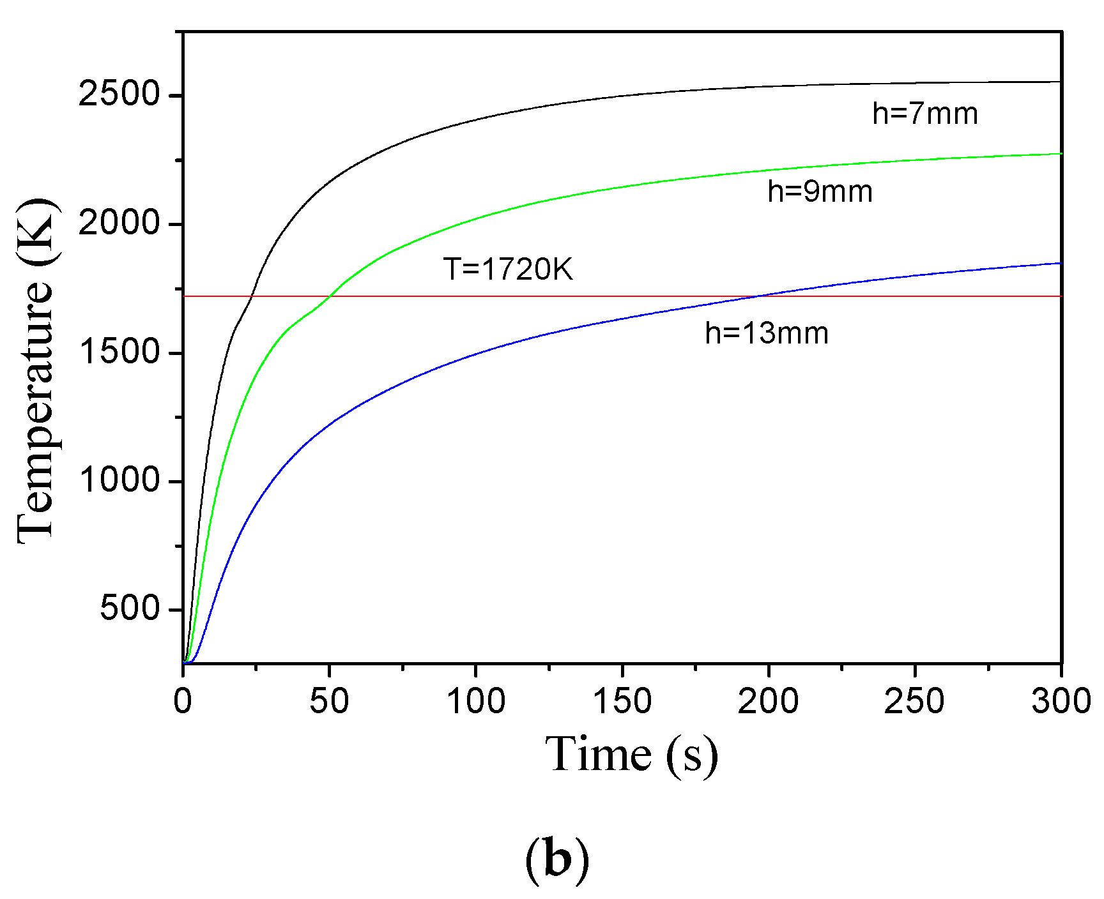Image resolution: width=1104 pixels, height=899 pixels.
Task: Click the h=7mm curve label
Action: (x=924, y=114)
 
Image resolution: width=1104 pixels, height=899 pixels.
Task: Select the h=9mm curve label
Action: (x=820, y=192)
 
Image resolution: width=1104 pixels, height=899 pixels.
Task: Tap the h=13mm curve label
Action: (x=767, y=333)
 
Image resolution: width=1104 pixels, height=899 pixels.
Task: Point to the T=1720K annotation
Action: (x=508, y=269)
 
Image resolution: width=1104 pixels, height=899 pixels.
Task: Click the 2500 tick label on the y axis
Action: (x=109, y=95)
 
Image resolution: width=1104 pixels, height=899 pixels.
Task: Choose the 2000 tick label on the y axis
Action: (x=109, y=223)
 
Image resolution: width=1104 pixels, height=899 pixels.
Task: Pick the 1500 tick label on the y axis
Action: (x=109, y=352)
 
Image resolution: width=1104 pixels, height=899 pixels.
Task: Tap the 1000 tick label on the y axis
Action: (x=109, y=480)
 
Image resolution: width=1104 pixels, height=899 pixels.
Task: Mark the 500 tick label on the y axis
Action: (x=130, y=608)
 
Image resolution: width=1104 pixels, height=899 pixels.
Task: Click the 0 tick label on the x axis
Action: (x=183, y=701)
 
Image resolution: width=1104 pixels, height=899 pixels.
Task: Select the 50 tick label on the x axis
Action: (x=329, y=701)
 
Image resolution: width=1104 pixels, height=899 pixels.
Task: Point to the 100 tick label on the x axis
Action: (x=475, y=701)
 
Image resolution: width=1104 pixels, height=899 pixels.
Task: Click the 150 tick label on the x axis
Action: (x=622, y=701)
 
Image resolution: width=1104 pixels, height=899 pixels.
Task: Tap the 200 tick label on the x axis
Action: (x=768, y=701)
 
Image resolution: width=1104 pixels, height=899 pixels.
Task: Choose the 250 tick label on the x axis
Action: (x=914, y=701)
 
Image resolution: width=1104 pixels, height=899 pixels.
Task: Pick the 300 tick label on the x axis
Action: (x=1061, y=701)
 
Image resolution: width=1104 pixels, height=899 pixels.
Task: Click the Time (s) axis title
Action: (x=631, y=755)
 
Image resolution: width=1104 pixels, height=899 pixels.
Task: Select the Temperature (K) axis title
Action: (x=37, y=370)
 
